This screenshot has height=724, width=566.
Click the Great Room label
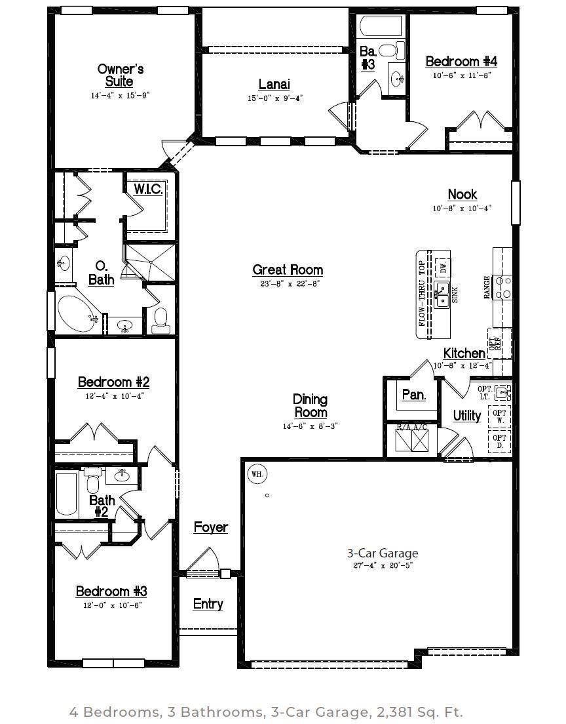(288, 270)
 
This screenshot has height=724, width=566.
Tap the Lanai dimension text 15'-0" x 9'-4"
(275, 98)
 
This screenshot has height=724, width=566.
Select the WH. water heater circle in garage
(257, 473)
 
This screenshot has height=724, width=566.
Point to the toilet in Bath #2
(94, 481)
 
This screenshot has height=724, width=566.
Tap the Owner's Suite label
(121, 75)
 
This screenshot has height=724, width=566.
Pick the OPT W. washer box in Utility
(500, 417)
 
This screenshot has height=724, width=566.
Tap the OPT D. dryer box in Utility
(500, 441)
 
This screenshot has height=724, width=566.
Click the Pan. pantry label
(414, 395)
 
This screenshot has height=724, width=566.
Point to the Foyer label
(211, 527)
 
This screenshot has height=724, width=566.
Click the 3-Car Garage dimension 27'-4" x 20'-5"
(383, 565)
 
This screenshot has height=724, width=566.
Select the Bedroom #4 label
(461, 62)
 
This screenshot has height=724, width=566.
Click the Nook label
(462, 194)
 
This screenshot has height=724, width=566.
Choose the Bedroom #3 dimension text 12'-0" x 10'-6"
(112, 605)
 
